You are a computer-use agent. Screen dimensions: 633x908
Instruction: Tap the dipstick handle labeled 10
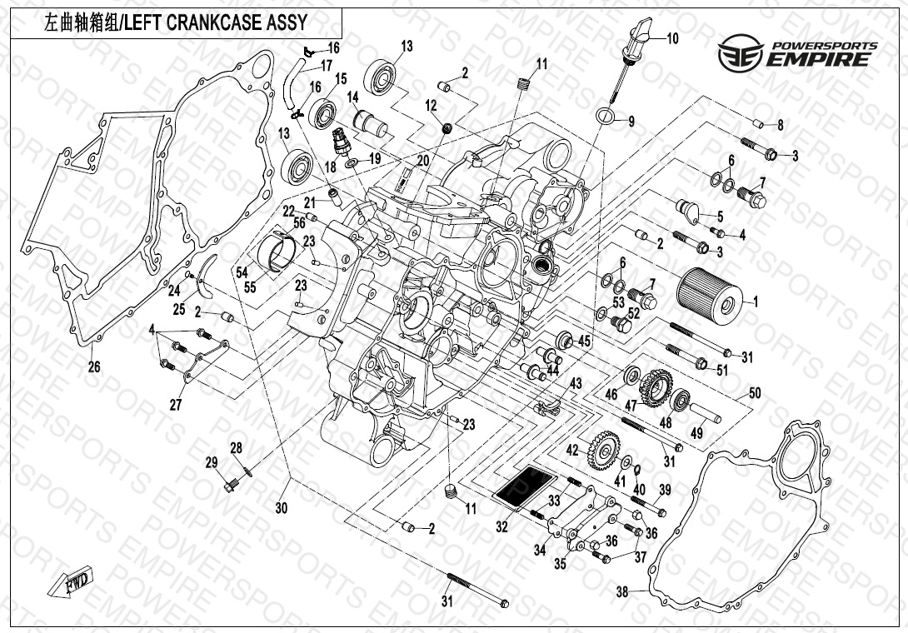click(x=639, y=36)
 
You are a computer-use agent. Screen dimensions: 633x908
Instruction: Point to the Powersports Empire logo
click(x=798, y=52)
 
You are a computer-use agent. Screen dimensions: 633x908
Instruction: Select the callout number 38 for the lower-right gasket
click(x=621, y=593)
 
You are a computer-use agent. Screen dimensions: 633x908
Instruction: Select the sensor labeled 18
click(x=340, y=141)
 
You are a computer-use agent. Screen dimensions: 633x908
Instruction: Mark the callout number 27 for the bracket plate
click(x=176, y=405)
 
